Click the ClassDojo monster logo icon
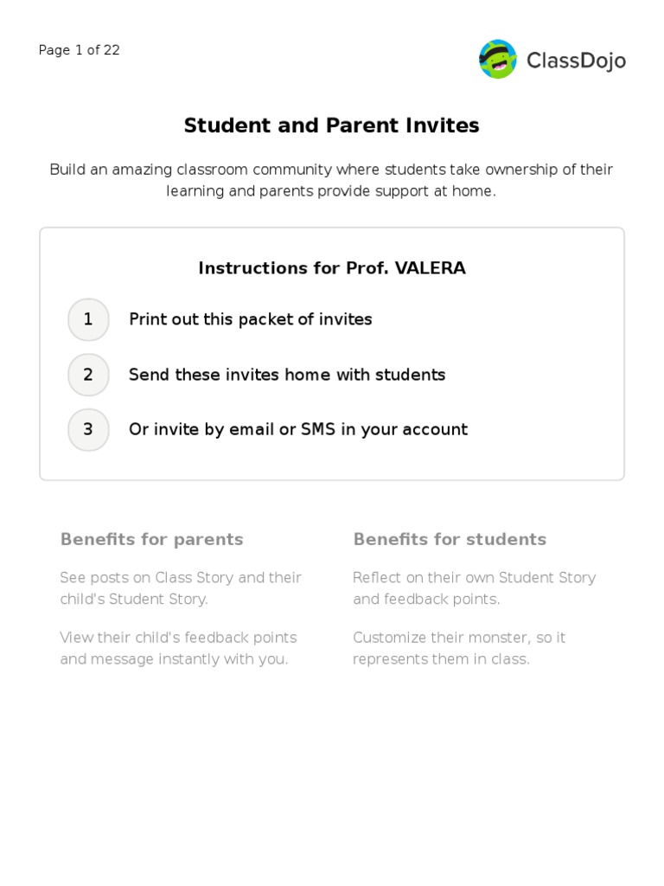coord(498,59)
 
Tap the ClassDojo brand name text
coord(576,61)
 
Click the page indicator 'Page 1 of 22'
coord(80,50)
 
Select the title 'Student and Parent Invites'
coord(331,125)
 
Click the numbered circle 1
coord(88,319)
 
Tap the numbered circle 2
coord(88,375)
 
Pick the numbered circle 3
coord(88,429)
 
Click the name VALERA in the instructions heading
coord(430,268)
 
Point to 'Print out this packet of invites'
coord(250,319)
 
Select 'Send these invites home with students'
coord(287,375)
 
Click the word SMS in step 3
coord(318,429)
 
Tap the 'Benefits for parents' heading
coord(151,540)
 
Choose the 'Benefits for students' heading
coord(450,540)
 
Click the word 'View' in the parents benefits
coord(76,638)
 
